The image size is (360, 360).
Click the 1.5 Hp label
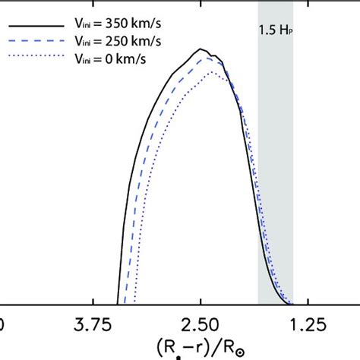coord(275,33)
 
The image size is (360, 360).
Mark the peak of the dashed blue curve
coord(213,56)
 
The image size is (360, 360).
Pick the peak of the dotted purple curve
coord(217,74)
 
